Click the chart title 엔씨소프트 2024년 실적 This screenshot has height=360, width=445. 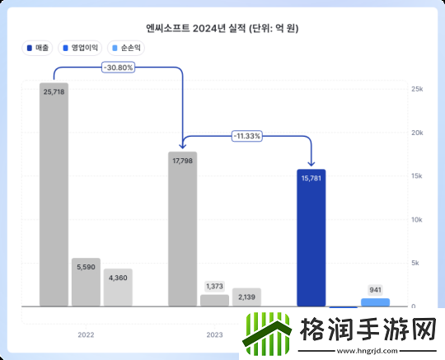[222, 28]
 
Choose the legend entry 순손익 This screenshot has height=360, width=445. [129, 48]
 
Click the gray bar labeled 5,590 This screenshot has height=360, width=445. [86, 283]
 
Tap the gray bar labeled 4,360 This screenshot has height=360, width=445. [118, 288]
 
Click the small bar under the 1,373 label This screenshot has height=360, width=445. [214, 301]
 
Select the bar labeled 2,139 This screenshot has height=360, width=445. [246, 297]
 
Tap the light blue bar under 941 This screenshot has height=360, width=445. [375, 302]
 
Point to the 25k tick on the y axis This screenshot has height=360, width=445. [417, 89]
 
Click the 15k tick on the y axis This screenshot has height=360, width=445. [417, 176]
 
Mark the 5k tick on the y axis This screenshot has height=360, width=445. [417, 264]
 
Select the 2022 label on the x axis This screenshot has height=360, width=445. [86, 335]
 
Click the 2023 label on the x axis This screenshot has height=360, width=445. [214, 335]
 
